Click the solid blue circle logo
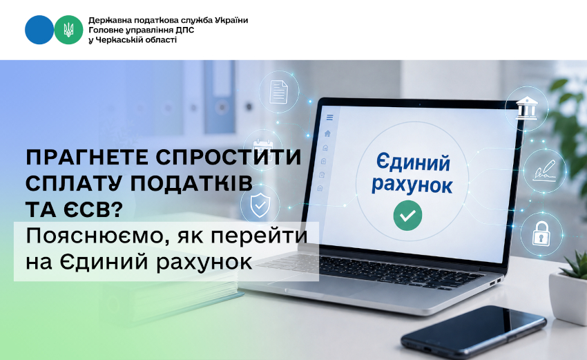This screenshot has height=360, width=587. pos(39,30)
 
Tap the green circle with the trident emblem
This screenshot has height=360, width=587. pos(68,30)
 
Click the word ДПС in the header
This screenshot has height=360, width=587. pos(185,30)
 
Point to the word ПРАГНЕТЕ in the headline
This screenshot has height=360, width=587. pos(87,158)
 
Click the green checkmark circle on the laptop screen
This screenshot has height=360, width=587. pos(407,216)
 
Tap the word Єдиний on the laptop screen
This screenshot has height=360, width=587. pos(413,162)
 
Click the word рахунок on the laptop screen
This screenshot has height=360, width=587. pos(412,184)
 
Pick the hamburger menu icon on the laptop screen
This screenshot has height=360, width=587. pos(330,117)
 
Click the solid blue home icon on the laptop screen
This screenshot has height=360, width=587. pos(327,133)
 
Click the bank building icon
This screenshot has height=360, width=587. pos(526,108)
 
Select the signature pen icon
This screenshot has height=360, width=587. pos(545,170)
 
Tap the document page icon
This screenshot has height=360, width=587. pos(279,91)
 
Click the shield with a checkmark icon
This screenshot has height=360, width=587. pos(260,205)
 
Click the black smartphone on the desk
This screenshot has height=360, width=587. pos(473,332)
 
